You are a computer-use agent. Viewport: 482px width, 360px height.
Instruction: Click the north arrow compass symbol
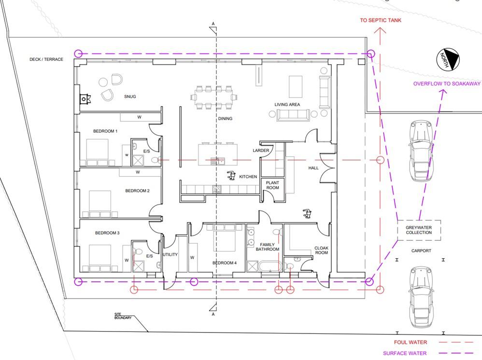[448, 59]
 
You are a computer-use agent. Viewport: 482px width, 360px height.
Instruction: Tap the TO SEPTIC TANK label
[381, 20]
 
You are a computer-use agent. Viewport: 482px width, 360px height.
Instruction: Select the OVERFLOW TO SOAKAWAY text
[447, 83]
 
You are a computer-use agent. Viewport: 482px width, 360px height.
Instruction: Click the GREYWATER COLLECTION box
[419, 230]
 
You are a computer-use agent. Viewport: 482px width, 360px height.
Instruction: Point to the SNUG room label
[130, 97]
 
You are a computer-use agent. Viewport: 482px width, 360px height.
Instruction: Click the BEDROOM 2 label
[138, 191]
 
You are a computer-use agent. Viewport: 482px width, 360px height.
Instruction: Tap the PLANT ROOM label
[273, 185]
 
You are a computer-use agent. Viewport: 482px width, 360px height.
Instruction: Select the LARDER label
[261, 151]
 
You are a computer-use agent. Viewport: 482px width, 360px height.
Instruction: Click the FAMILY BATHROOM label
[268, 247]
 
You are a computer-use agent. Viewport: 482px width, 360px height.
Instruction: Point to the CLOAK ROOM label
[322, 250]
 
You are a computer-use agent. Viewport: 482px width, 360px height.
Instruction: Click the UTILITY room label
[170, 255]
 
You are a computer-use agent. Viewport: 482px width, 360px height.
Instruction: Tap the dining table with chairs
[214, 97]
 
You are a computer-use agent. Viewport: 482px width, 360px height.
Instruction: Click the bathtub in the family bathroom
[270, 266]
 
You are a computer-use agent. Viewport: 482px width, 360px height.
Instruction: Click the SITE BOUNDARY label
[123, 316]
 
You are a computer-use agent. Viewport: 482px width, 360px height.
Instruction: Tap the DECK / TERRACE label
[46, 59]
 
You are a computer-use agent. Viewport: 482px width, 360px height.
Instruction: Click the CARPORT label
[421, 250]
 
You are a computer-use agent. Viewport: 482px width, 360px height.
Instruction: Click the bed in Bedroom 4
[225, 238]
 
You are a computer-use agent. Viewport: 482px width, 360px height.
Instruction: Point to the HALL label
[313, 168]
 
